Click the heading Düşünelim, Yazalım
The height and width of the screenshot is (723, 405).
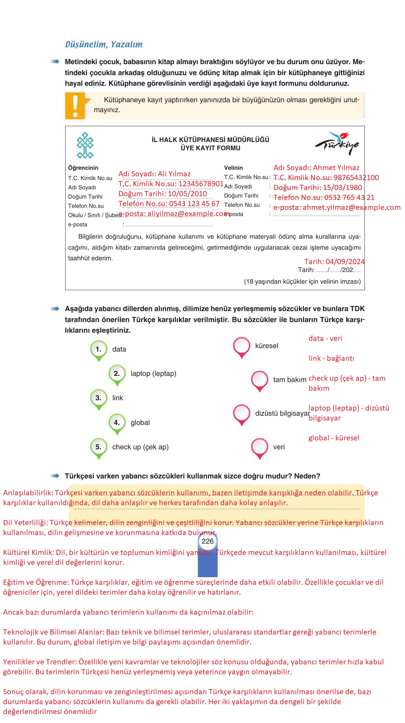104,44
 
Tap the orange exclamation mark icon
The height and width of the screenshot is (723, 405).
75,106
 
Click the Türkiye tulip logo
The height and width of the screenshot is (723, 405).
337,143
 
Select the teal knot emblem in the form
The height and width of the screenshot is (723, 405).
85,145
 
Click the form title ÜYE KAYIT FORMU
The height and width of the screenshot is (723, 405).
210,148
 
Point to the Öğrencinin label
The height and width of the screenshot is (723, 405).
83,168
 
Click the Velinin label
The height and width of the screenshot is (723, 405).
233,168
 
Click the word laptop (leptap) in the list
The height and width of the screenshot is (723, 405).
153,374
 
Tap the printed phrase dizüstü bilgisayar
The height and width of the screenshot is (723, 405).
282,413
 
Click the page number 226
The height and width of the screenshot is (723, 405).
207,541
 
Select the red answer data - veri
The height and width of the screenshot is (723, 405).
325,339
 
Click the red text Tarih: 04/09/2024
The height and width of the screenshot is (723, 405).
334,261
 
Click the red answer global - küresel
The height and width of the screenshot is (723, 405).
334,438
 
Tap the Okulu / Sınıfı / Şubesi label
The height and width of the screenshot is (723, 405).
95,215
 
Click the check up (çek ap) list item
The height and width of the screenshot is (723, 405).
140,447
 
